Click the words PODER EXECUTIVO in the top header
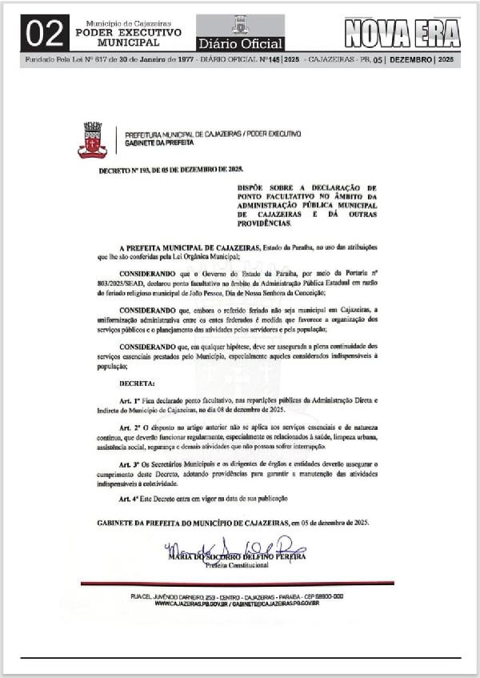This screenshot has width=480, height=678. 129,32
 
